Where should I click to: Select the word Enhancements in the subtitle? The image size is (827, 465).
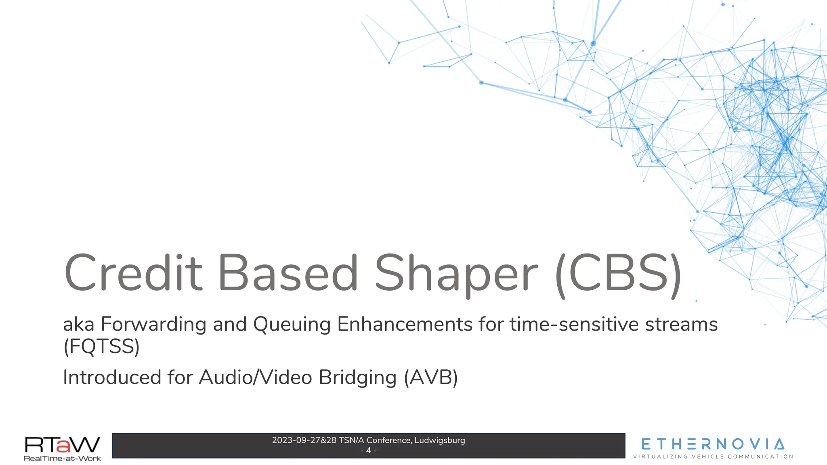[405, 325]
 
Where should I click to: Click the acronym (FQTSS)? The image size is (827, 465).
[101, 346]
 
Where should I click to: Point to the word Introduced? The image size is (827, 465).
[112, 377]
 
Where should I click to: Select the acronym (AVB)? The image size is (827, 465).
[431, 378]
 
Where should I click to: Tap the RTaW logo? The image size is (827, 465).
[62, 444]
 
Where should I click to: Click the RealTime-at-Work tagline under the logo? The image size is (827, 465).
[62, 459]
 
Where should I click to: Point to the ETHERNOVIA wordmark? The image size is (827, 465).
[713, 444]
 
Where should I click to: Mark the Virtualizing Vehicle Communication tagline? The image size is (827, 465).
[713, 457]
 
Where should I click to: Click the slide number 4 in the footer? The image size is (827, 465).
[368, 450]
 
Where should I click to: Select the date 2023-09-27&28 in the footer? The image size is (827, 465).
[304, 440]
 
